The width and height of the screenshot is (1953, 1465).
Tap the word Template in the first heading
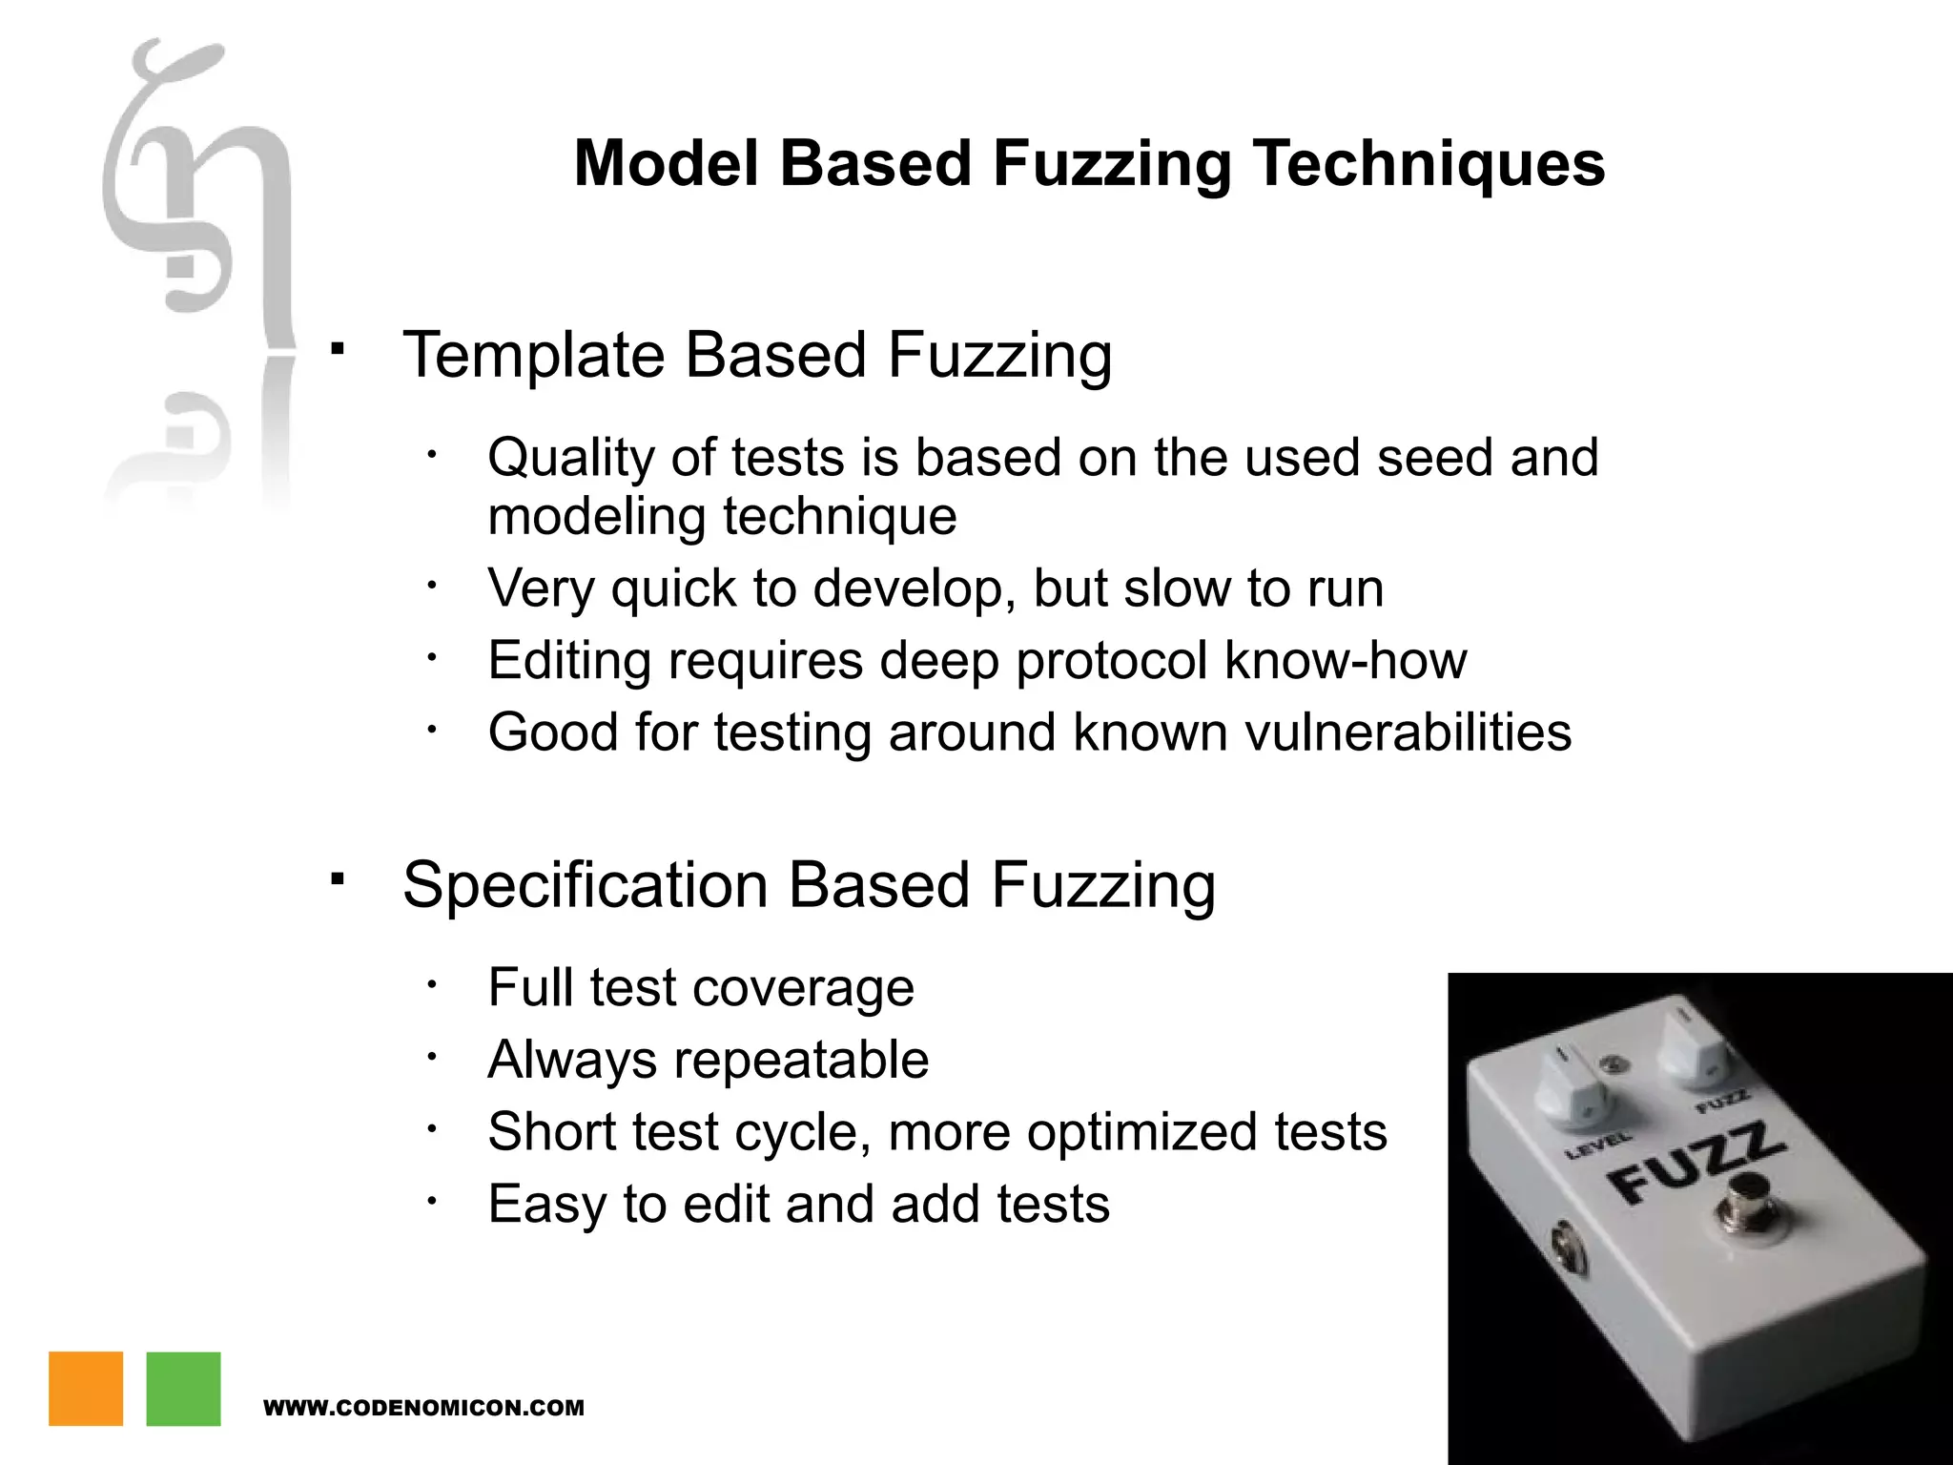pos(534,356)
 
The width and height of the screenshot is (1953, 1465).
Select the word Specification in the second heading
pos(585,885)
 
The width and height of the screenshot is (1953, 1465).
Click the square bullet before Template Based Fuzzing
pos(337,349)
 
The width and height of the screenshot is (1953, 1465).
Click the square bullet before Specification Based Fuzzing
pos(337,878)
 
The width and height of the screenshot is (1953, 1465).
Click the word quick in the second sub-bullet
pos(673,589)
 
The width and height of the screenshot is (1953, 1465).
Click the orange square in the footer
pos(86,1388)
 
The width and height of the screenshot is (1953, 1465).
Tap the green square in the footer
pos(183,1388)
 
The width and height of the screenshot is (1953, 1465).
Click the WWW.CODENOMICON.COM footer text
pos(423,1408)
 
